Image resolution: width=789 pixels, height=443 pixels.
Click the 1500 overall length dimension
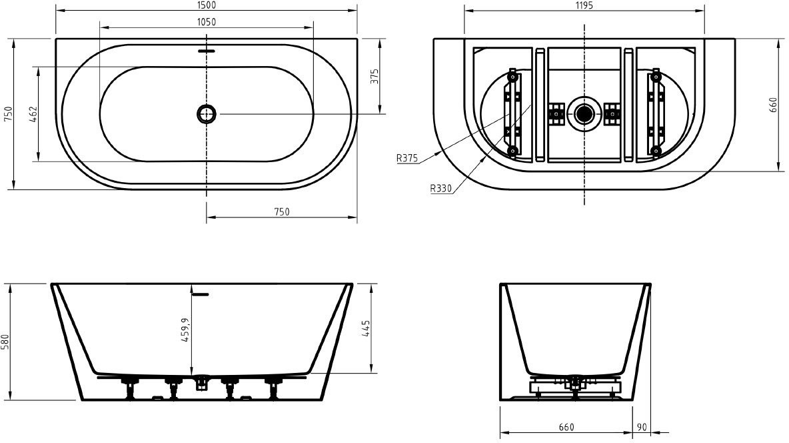point(207,5)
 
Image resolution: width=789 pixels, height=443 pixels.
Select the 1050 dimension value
point(207,21)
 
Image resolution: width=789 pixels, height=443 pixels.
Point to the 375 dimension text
point(375,77)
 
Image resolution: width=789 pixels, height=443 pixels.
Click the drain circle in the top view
point(207,114)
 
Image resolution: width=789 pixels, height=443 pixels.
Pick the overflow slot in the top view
point(207,51)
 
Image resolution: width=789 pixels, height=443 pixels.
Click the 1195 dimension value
point(584,5)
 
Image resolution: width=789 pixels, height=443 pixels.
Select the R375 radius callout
point(407,158)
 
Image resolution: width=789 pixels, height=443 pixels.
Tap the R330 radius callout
point(440,189)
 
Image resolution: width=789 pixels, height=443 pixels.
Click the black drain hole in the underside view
point(584,114)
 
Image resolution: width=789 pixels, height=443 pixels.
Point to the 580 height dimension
point(5,342)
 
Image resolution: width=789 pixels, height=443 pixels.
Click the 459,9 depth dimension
point(185,330)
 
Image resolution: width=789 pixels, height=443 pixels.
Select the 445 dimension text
point(366,329)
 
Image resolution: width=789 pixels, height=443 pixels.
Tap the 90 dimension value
point(642,428)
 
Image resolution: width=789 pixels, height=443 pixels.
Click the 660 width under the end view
point(566,428)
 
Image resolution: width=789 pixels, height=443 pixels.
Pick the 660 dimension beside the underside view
point(774,105)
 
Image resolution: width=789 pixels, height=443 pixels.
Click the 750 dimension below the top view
point(282,211)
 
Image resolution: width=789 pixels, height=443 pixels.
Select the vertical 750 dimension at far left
point(7,114)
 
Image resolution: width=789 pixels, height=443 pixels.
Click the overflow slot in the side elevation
point(201,294)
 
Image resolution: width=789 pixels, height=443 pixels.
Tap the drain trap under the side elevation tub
point(202,382)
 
